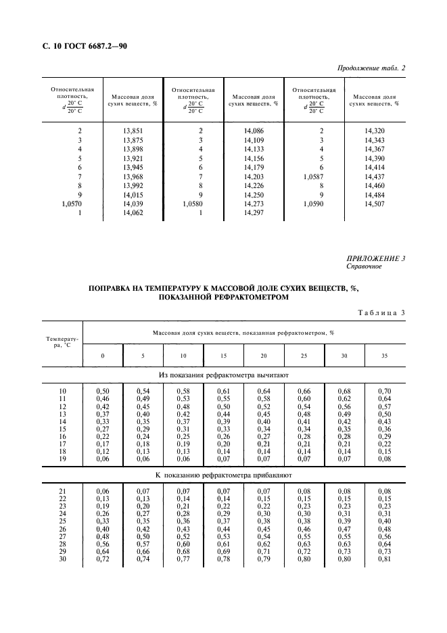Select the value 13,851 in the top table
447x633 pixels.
pyautogui.click(x=133, y=130)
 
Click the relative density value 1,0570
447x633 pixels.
pyautogui.click(x=71, y=203)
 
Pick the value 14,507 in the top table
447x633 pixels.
pyautogui.click(x=374, y=203)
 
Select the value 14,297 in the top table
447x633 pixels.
pyautogui.click(x=254, y=212)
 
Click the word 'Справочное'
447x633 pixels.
pyautogui.click(x=365, y=266)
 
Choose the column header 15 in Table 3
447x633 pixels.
pyautogui.click(x=223, y=355)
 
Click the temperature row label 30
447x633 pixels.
pyautogui.click(x=63, y=559)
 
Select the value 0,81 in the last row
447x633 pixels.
pyautogui.click(x=384, y=559)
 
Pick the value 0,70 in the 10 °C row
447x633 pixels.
pyautogui.click(x=384, y=392)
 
